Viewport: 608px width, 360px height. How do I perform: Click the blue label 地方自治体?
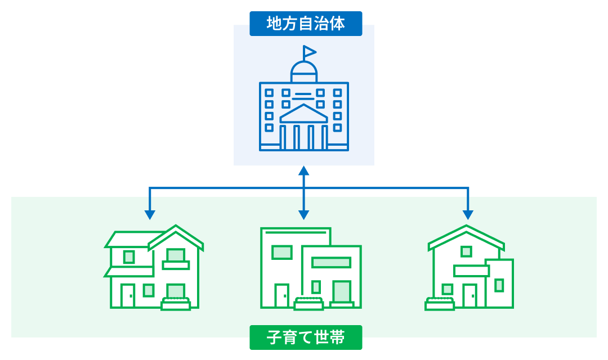[306, 24]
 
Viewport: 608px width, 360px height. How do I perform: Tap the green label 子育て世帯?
[306, 337]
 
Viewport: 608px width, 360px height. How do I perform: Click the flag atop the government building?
[309, 52]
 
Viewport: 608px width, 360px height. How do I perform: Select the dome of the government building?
[304, 71]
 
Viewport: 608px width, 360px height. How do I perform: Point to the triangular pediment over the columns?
[304, 114]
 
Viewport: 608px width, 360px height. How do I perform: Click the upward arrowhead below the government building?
[304, 170]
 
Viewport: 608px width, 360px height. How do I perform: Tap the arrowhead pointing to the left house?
[150, 214]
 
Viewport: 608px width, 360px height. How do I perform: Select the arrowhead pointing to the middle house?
[304, 214]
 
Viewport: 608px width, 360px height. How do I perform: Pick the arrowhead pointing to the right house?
[468, 214]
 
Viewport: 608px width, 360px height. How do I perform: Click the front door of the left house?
[128, 296]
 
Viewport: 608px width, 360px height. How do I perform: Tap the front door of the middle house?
[281, 296]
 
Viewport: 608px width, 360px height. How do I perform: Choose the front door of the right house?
[470, 296]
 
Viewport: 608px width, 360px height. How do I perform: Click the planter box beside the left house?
[176, 304]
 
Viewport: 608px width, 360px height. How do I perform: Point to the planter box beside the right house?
[440, 304]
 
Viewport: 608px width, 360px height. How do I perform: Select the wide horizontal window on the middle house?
[331, 262]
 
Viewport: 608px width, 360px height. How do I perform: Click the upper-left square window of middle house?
[281, 252]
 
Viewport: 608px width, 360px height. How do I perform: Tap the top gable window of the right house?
[466, 251]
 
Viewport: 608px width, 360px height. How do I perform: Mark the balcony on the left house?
[176, 264]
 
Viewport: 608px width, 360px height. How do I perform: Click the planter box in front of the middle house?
[309, 304]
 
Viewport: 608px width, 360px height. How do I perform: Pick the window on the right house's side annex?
[499, 285]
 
